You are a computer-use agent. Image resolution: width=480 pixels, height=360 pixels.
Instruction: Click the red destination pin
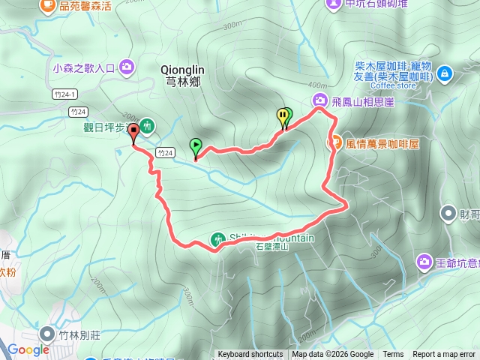coord(134,133)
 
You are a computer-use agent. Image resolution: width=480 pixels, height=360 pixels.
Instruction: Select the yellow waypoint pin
coord(283,117)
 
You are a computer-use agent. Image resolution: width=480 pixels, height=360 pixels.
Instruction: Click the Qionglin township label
coord(181,75)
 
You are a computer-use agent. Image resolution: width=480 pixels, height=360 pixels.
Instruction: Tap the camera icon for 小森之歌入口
coord(126,67)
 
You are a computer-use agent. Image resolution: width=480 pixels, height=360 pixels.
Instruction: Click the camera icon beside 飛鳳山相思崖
coord(320,101)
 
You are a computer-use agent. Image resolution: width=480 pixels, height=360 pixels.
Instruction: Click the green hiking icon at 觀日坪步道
coord(148,124)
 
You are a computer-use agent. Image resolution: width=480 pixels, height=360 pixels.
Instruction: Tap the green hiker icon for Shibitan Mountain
coord(217,239)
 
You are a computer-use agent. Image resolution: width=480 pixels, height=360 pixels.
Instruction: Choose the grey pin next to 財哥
coord(448,214)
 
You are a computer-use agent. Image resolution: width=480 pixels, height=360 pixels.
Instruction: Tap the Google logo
coord(28,349)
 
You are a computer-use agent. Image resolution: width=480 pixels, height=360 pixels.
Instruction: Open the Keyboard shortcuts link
coord(250,355)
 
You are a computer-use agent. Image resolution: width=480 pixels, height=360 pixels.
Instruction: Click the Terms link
coord(393,355)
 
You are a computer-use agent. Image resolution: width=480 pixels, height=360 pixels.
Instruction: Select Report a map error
coord(445,355)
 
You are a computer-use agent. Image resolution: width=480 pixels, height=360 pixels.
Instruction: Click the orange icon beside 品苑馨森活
coord(49,5)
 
